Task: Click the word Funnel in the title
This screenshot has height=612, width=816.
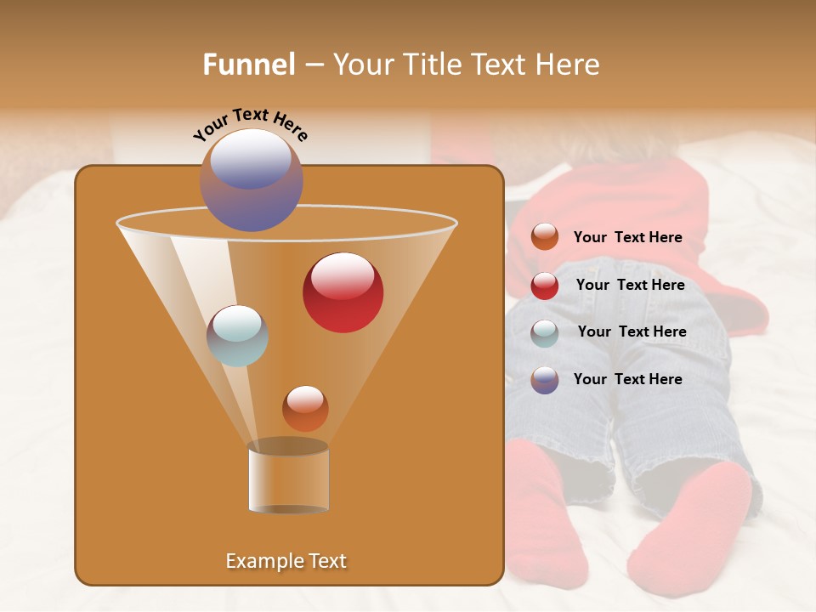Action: click(x=249, y=65)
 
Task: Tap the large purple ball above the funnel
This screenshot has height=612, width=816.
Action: click(x=252, y=180)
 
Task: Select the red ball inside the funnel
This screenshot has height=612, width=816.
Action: click(x=343, y=292)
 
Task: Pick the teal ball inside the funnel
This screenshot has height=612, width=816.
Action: click(x=238, y=336)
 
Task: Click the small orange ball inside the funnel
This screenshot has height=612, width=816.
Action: click(x=305, y=409)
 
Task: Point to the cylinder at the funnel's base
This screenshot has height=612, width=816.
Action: click(x=288, y=479)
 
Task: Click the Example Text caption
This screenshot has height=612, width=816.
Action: click(x=286, y=561)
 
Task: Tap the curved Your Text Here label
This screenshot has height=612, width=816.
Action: click(x=251, y=124)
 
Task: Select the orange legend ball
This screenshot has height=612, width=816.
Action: click(x=545, y=237)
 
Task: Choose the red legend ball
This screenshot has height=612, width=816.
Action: click(x=545, y=286)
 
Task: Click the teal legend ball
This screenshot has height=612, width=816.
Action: click(x=545, y=333)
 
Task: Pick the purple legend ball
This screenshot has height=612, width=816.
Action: click(x=545, y=380)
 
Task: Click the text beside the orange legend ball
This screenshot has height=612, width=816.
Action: click(x=627, y=238)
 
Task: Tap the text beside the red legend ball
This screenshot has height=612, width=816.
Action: click(x=630, y=286)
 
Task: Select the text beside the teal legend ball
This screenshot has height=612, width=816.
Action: click(x=632, y=332)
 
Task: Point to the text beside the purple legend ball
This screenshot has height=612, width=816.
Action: click(x=627, y=379)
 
